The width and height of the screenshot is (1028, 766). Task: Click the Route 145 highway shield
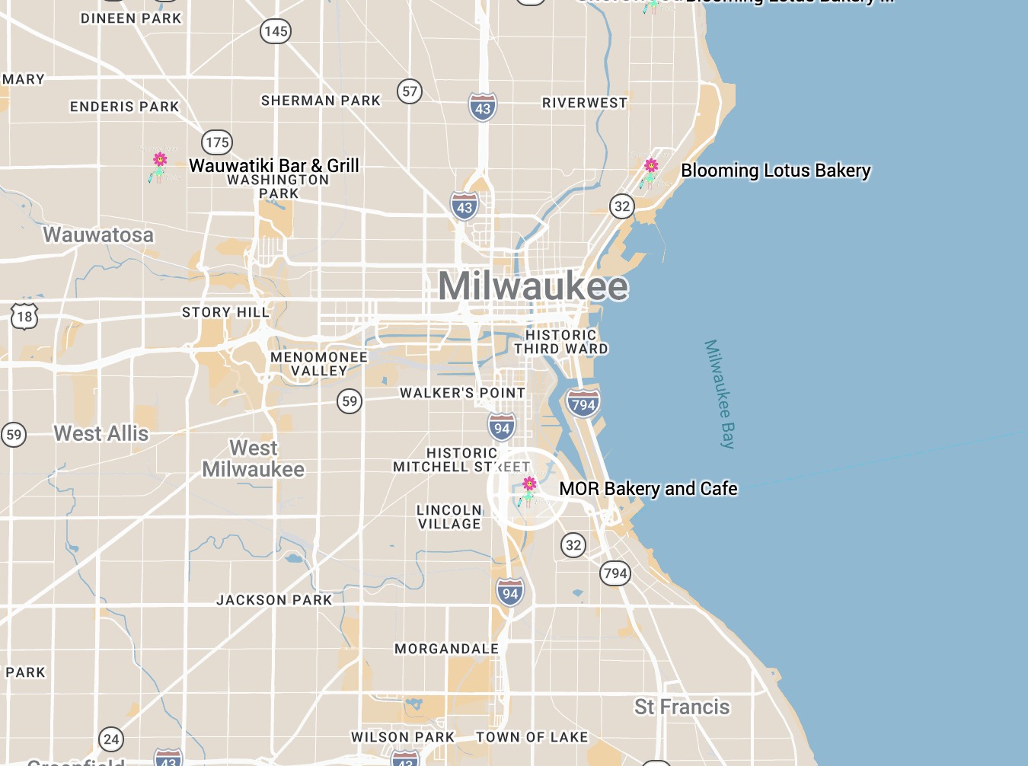[276, 31]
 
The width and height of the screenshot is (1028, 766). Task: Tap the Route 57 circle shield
[410, 91]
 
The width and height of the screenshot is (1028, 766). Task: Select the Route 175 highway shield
[217, 142]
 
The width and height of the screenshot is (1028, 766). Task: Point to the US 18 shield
[24, 317]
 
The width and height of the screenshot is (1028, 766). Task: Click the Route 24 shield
[111, 739]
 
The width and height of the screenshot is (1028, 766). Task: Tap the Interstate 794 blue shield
[583, 404]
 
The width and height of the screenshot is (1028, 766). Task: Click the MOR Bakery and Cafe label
[648, 489]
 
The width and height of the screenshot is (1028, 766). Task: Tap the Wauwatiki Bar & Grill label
[274, 165]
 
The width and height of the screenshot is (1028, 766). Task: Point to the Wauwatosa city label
[98, 235]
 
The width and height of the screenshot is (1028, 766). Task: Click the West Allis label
[101, 433]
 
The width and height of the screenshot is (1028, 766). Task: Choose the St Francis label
[682, 707]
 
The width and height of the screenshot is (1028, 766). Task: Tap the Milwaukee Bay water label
[720, 394]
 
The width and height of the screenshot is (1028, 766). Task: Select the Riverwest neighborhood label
[585, 103]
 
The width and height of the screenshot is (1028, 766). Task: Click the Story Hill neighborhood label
[225, 312]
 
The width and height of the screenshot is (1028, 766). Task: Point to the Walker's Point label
[462, 393]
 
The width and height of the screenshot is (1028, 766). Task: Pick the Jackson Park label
[274, 600]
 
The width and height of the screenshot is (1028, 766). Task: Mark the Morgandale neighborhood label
[446, 649]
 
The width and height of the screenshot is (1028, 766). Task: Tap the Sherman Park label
[321, 101]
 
